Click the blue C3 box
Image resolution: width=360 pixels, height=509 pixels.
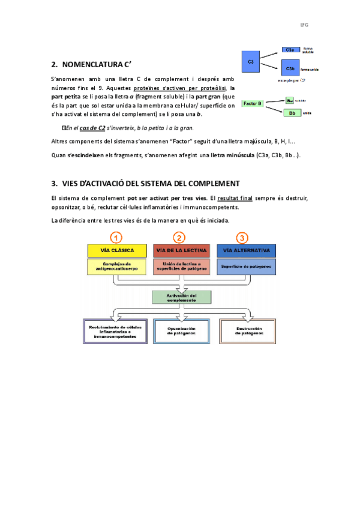[251, 61]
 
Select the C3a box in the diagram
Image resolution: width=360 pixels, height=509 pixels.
[290, 50]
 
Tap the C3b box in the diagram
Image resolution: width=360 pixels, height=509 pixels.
[290, 70]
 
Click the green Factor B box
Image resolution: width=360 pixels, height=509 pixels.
[253, 104]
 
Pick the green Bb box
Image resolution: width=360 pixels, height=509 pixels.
[292, 113]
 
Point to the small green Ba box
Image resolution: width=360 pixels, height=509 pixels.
[290, 100]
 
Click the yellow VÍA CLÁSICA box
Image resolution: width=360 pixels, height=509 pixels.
[118, 250]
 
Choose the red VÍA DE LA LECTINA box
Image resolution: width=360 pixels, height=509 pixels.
[182, 250]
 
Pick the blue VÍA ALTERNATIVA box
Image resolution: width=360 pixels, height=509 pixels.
[246, 250]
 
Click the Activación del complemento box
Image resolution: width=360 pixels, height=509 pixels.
[182, 298]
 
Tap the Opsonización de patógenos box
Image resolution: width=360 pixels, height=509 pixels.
[181, 331]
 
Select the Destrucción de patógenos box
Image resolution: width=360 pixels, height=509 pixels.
[246, 331]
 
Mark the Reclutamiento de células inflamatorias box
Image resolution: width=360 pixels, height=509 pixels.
[115, 331]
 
